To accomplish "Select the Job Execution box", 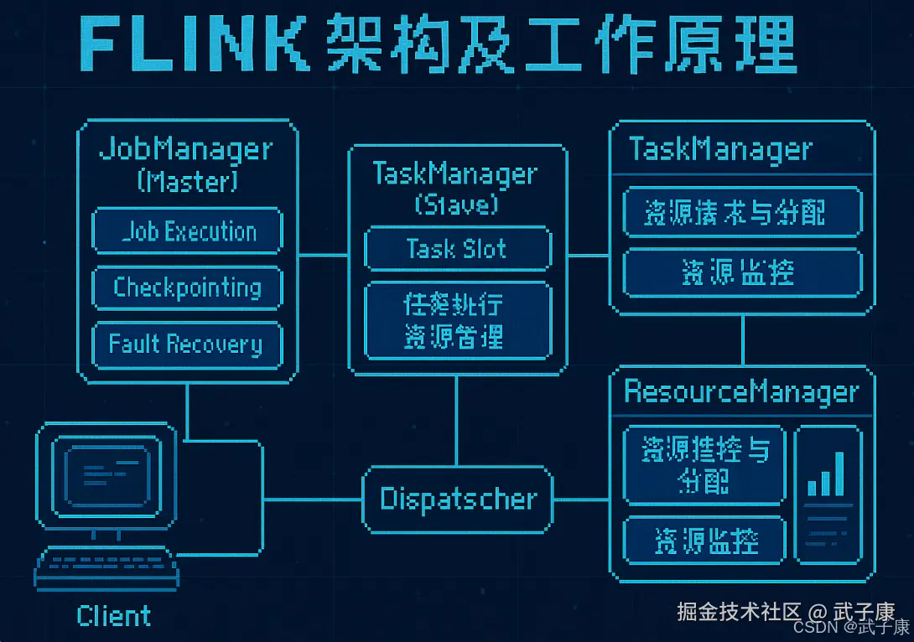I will point(187,231).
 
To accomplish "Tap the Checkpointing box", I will point(187,287).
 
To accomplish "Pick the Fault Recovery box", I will point(187,344).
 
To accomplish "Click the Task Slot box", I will point(458,249).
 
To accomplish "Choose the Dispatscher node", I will point(458,500).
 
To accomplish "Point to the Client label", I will point(114,616).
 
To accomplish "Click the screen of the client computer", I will point(106,473).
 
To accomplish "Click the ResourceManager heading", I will point(741,392).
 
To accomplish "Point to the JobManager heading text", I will point(186,149).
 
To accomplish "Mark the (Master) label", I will point(187,180).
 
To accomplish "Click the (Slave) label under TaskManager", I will point(457,204).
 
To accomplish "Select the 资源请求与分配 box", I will point(741,213).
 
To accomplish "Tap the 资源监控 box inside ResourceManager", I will point(705,541).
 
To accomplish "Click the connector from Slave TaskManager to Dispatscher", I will point(457,419).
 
